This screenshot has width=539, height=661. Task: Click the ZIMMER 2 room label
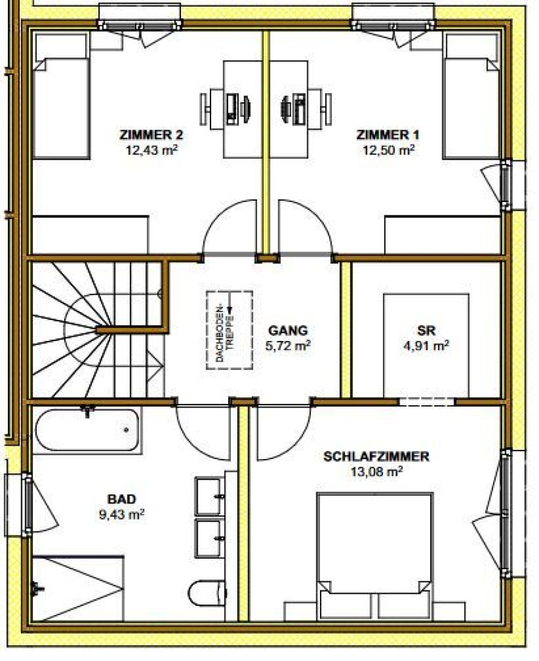click(151, 135)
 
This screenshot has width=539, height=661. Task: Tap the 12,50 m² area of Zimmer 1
click(388, 150)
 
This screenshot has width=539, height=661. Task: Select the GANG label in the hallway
click(288, 330)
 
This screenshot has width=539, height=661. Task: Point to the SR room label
click(426, 330)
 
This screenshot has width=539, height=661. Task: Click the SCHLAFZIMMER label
click(376, 457)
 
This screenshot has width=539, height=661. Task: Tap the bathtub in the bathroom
click(87, 430)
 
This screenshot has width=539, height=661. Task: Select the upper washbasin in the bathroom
click(209, 496)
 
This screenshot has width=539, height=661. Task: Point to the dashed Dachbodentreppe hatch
click(229, 330)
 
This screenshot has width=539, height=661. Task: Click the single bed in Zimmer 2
click(62, 96)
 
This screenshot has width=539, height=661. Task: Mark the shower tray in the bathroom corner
click(78, 589)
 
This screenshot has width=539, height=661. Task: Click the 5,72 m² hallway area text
click(288, 346)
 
